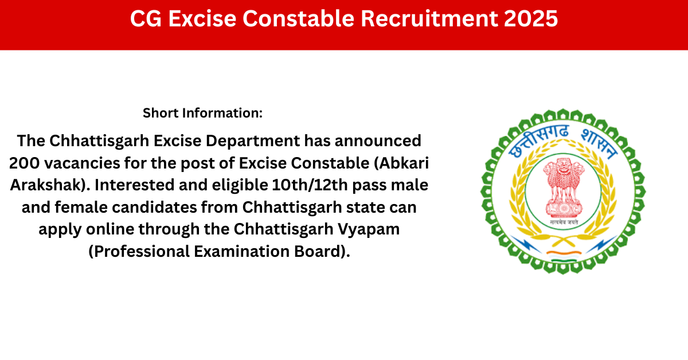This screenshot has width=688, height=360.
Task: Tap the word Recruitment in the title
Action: (429, 18)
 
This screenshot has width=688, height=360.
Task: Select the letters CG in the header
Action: (146, 18)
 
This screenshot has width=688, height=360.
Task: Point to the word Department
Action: (252, 141)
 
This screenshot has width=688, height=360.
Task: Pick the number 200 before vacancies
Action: (24, 163)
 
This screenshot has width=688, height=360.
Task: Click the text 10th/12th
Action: (310, 185)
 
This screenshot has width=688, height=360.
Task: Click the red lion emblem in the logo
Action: (563, 187)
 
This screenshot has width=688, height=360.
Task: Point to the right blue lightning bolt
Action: (601, 244)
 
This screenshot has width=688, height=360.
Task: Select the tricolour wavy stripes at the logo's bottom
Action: (564, 257)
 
